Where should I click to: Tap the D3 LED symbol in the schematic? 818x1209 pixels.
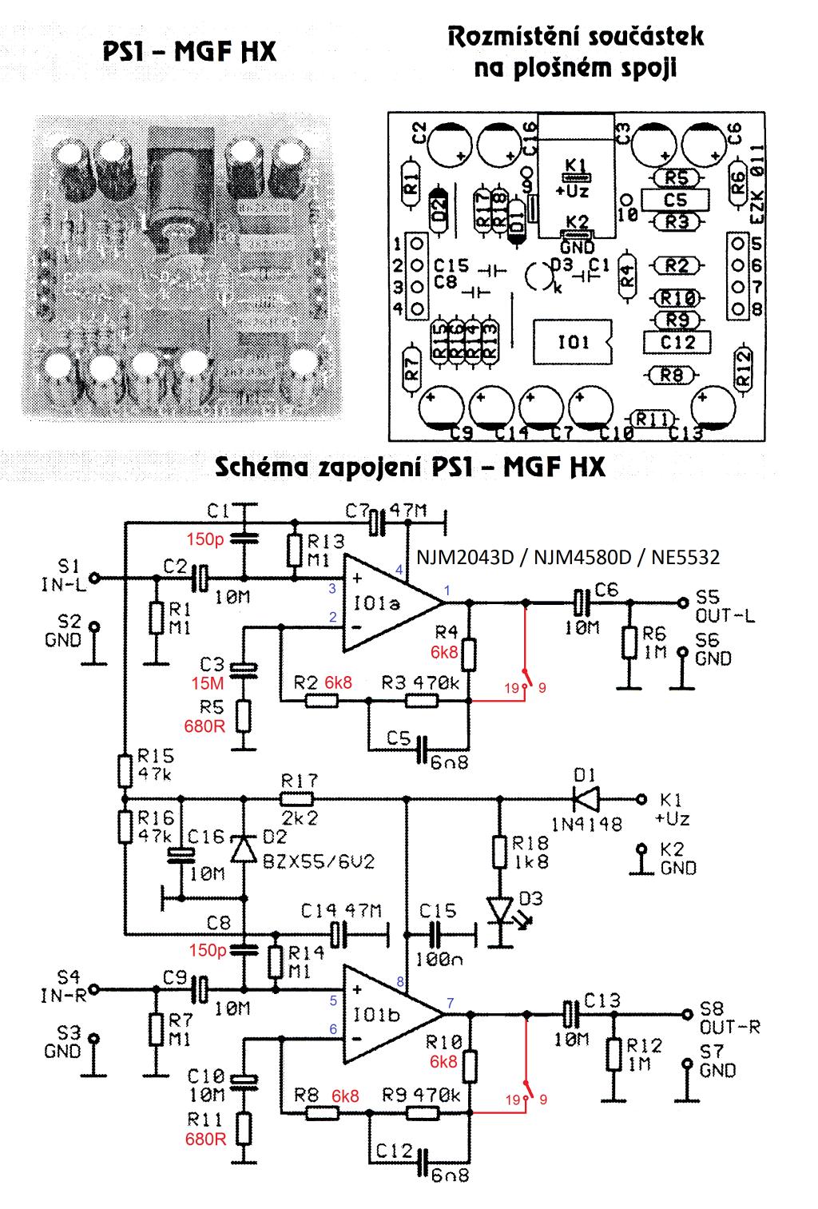500,909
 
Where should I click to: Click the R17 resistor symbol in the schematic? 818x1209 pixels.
296,797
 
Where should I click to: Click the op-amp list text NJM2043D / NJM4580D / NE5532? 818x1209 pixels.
568,557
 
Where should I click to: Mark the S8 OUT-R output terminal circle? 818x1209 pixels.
685,1014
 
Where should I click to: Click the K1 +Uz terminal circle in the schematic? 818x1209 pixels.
640,797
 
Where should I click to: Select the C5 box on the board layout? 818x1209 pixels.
675,199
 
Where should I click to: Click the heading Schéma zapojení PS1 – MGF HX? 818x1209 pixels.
410,467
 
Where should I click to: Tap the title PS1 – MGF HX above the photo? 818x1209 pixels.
189,52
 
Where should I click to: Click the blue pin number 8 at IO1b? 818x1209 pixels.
400,981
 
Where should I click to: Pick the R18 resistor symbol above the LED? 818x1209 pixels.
500,853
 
